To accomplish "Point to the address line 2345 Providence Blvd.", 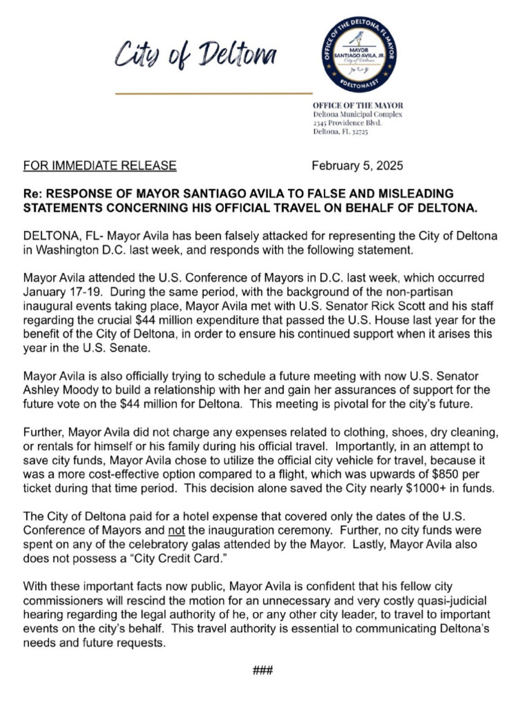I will coord(347,122).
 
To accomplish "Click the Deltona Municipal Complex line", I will coord(357,113).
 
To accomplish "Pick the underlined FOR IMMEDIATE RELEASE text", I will coord(100,166).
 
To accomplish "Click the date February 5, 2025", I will coord(357,166).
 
